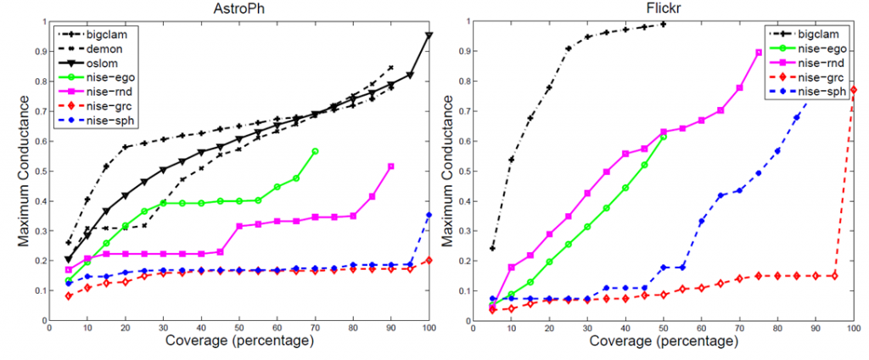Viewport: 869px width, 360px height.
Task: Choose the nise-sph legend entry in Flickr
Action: coord(822,91)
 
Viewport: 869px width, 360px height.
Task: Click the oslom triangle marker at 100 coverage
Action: coord(429,36)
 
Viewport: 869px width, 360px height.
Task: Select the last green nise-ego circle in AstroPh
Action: coord(315,151)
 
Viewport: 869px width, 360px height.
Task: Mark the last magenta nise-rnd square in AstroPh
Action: coord(391,166)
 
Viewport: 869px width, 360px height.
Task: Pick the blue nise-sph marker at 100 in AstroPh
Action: coord(429,215)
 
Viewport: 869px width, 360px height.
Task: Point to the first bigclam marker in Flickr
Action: coord(492,249)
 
